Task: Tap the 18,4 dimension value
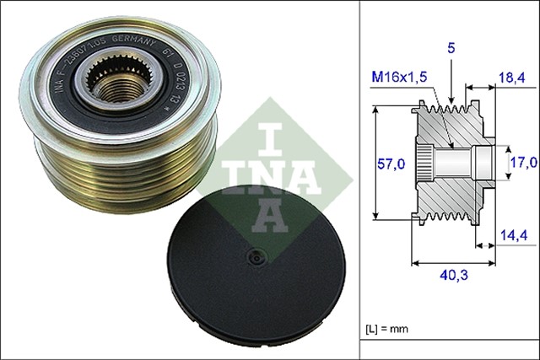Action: point(513,78)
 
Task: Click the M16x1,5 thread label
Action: point(400,78)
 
